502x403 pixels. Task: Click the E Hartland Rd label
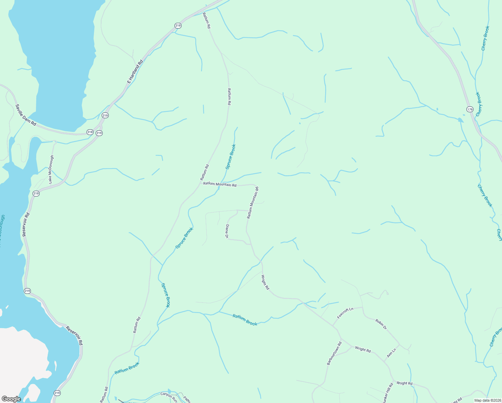tap(135, 72)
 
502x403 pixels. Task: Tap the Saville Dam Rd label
tap(26, 115)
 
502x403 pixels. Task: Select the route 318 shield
tap(90, 132)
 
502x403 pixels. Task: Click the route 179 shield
tap(470, 109)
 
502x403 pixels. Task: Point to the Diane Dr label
tap(227, 231)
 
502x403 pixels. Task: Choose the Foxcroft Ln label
tap(345, 313)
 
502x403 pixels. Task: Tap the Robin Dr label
tap(381, 324)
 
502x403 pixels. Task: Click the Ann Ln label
tap(392, 353)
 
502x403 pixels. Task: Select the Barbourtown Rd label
tap(334, 353)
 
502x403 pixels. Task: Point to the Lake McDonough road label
tap(51, 169)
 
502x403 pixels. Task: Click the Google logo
tap(11, 399)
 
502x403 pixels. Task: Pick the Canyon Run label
tap(168, 396)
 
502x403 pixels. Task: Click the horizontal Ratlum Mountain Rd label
tap(220, 184)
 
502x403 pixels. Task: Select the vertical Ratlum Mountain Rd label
tap(253, 203)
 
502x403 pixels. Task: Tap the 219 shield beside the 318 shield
tap(99, 133)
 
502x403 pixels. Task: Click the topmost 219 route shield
tap(178, 26)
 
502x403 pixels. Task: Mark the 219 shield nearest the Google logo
tap(57, 393)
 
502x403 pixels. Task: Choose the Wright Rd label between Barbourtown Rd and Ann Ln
tap(363, 350)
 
